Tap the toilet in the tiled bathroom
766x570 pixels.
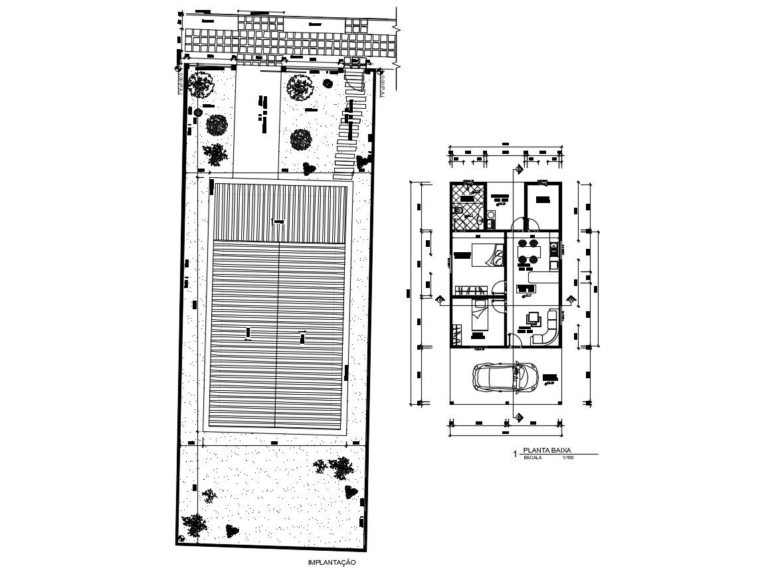(x=459, y=212)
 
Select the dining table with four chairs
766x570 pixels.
(x=527, y=251)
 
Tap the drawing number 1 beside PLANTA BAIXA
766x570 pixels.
(x=516, y=454)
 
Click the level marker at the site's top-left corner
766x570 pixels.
(x=178, y=68)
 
